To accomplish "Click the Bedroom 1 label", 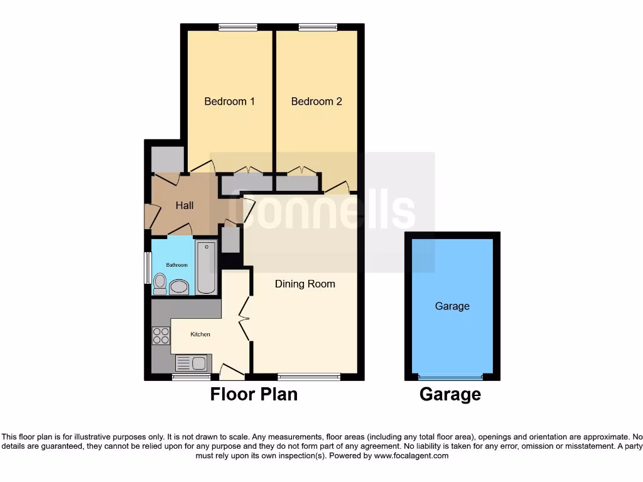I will pos(229,101).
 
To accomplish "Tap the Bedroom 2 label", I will pos(316,101).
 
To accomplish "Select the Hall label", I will pos(185,205).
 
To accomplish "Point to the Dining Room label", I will pos(305,284).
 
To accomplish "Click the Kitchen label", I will pos(200,335).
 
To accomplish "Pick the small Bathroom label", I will pos(176,265).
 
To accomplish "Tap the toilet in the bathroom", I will pos(159,284).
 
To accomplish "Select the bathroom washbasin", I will pos(179,287).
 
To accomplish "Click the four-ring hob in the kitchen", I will pos(161,335).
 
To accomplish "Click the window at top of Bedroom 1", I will pos(237,27).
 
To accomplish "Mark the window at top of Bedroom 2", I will pos(317,27).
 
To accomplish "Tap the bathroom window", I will pos(148,268).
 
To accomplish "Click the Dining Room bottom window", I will pos(309,377).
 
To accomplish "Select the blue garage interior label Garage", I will pos(452,306).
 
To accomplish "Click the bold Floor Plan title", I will pos(254,394).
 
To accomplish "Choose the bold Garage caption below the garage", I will pos(450,394).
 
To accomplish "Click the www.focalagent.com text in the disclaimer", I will pos(411,456).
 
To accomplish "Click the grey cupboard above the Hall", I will pos(167,159).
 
